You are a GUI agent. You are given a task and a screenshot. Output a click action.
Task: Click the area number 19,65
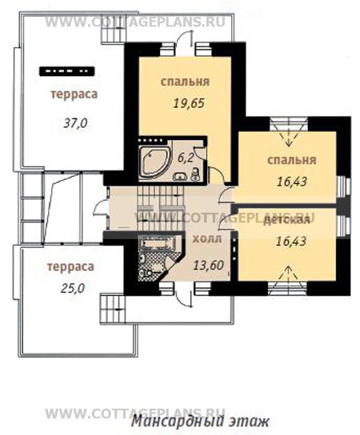coord(189,103)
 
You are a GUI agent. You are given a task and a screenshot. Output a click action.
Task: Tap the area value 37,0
coord(75,123)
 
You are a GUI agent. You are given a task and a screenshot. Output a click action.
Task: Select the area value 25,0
coord(73,289)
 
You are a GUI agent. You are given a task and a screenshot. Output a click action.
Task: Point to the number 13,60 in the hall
coord(209,265)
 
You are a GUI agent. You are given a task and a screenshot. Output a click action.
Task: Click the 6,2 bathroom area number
coord(185,158)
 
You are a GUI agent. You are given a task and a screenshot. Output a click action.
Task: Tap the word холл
coord(207,239)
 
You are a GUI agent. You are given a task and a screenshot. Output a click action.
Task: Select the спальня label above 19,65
coord(185,82)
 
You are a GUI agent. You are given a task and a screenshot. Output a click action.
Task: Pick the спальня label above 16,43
coord(292,161)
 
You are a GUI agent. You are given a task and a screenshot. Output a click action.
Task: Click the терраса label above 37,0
coord(74,94)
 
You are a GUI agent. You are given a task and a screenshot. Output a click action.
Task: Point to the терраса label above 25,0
coord(70,267)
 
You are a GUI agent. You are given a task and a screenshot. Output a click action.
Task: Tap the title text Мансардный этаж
coord(200,421)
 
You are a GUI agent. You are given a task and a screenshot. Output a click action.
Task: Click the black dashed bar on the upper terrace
coord(67,71)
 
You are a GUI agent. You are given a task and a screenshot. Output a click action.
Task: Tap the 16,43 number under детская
coord(291,241)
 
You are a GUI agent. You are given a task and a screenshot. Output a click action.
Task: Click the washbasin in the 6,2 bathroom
coord(181,176)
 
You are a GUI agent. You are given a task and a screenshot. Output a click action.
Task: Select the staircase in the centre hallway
coord(160,208)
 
